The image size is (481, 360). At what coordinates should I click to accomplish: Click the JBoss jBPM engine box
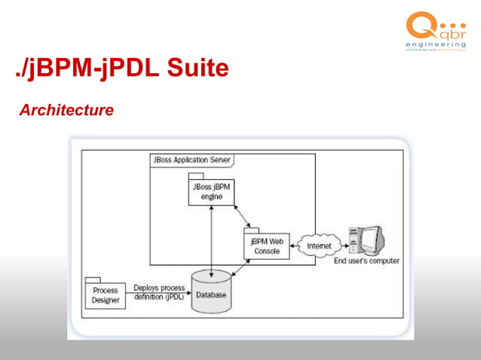[x=211, y=191]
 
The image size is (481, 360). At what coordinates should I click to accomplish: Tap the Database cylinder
[x=211, y=292]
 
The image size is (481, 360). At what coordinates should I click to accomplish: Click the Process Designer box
[x=105, y=294]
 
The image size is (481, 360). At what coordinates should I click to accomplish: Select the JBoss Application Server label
[x=191, y=160]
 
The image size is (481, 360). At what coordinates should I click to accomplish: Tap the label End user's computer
[x=366, y=261]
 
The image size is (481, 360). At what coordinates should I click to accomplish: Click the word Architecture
[x=66, y=111]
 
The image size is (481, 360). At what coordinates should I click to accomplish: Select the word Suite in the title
[x=198, y=69]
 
